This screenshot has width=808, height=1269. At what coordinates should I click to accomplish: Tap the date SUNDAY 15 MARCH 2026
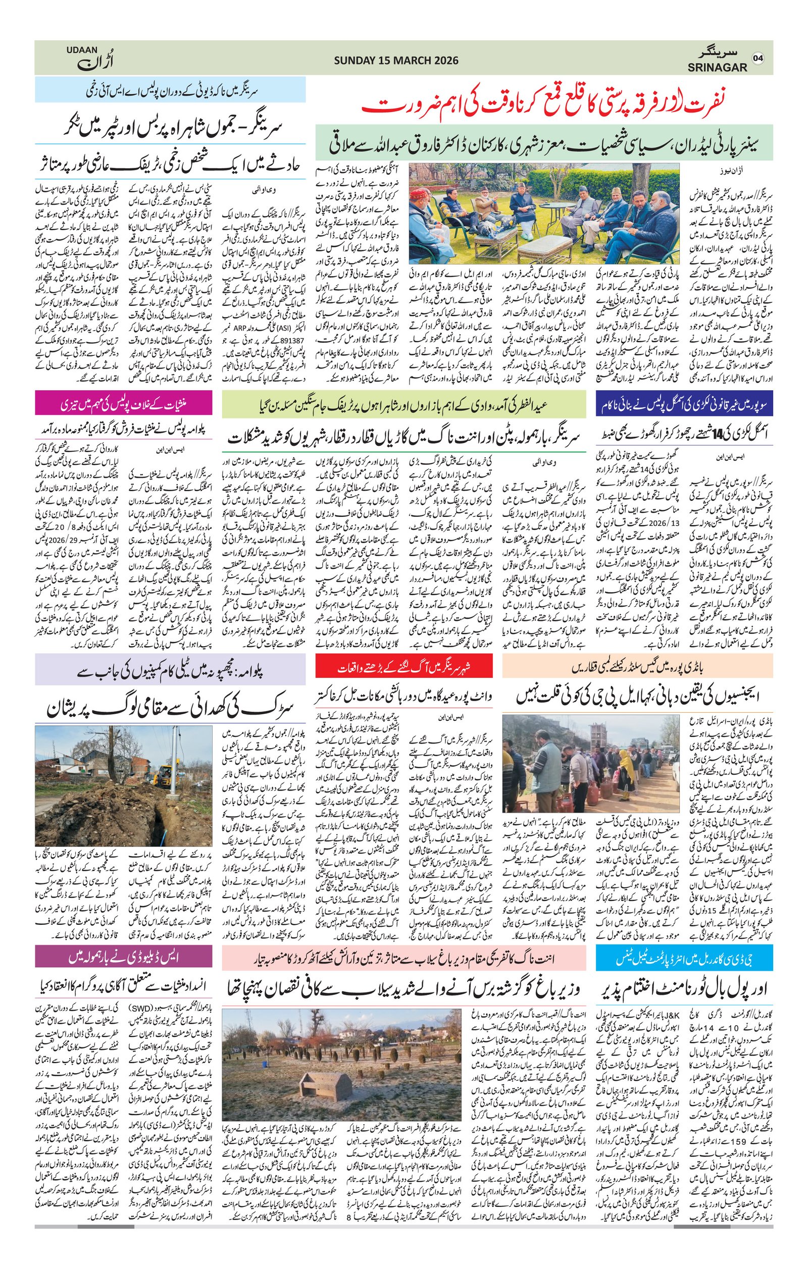pos(396,61)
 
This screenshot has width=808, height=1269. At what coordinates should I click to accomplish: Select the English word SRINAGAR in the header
pos(717,68)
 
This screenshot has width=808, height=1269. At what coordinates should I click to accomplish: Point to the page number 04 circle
pos(758,59)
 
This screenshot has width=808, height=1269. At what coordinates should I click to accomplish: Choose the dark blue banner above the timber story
pos(684,405)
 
